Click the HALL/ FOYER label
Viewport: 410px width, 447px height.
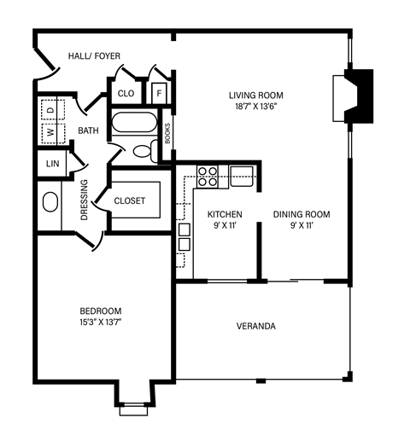94,56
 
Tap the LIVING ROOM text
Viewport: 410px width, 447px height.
255,95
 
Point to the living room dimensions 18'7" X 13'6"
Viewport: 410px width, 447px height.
255,107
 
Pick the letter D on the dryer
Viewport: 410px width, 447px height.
50,111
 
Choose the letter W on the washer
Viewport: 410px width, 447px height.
50,132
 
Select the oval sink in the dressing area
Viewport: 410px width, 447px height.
50,203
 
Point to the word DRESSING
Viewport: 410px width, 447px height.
84,200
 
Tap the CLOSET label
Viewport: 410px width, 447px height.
130,201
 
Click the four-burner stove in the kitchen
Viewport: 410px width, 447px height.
208,176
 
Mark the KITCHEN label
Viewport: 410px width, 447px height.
225,214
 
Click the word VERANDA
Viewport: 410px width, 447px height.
255,326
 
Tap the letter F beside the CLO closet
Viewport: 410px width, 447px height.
159,92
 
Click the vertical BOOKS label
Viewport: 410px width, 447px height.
167,131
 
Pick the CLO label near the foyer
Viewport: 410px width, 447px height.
126,93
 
